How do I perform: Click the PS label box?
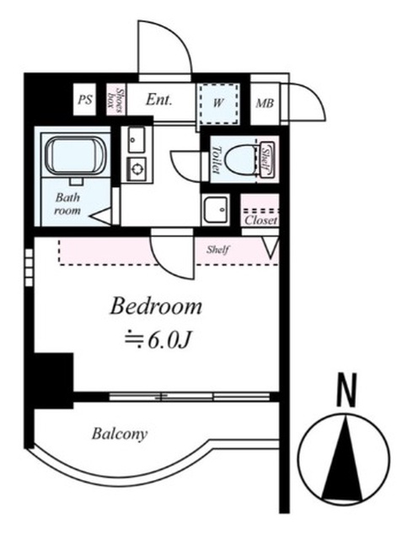[x=84, y=100]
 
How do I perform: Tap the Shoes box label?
[x=116, y=100]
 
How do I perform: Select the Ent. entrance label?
[x=158, y=100]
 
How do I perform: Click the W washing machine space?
[x=217, y=103]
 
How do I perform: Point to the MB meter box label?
[x=265, y=103]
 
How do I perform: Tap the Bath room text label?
[x=67, y=204]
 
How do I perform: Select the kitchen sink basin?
[x=137, y=139]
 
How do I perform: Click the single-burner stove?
[x=137, y=169]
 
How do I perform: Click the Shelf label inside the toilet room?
[x=266, y=160]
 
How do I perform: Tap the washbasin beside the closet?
[x=216, y=209]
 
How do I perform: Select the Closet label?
[x=260, y=220]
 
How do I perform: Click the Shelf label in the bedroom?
[x=217, y=249]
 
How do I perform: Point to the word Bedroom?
[x=156, y=306]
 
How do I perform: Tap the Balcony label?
[x=120, y=434]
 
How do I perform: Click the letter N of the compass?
[x=346, y=390]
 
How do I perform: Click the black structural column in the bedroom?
[x=54, y=381]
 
